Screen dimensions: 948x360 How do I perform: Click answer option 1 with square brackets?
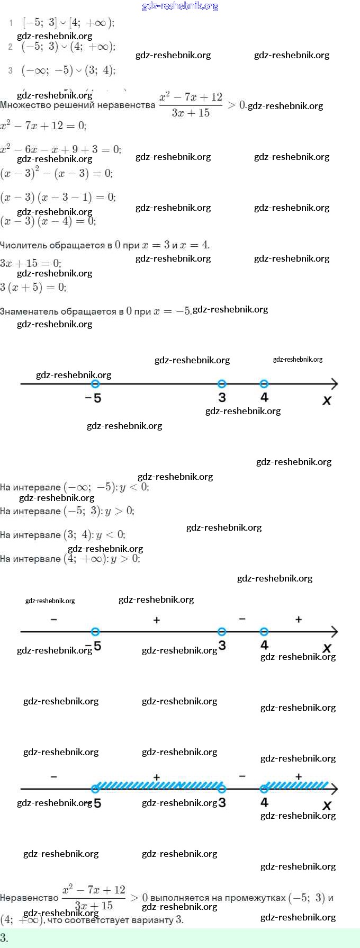tap(68, 23)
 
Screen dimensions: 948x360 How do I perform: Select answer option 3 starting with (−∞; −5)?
tap(68, 70)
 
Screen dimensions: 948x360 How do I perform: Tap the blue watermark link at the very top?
tap(180, 6)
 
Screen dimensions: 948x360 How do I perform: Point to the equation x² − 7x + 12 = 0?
tap(43, 126)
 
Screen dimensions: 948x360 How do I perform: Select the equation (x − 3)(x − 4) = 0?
tap(48, 221)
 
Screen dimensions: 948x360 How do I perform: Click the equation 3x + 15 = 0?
tap(31, 263)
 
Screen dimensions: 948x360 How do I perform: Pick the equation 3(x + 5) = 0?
tap(33, 287)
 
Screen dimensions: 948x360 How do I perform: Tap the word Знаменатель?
tap(31, 311)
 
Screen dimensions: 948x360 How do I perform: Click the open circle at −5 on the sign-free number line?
tap(95, 384)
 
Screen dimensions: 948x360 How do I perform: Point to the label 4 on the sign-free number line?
tap(264, 397)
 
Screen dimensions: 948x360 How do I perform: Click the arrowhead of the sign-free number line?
tap(334, 384)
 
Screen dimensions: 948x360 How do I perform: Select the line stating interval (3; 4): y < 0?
tap(62, 534)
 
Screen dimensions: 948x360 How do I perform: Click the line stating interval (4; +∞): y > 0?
tap(70, 558)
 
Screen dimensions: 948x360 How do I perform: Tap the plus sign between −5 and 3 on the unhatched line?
tap(157, 620)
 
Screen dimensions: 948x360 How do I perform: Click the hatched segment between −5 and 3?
tap(159, 785)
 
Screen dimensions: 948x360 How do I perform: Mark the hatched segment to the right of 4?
tap(296, 785)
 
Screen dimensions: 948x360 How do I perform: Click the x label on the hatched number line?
tap(327, 805)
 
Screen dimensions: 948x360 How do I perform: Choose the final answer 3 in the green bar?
tap(4, 938)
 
